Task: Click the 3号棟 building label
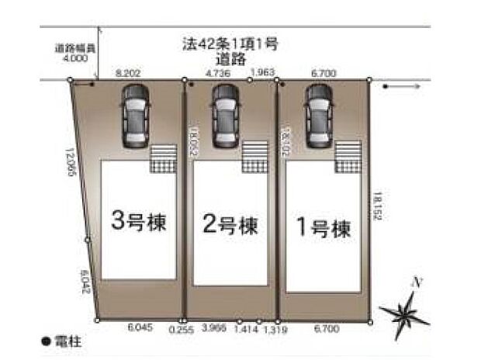point(140,222)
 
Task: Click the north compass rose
point(404,311)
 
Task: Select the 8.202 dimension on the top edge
point(128,72)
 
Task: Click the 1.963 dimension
point(262,72)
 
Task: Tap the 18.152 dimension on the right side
point(377,206)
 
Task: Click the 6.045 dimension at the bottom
point(140,328)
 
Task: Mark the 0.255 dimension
point(182,329)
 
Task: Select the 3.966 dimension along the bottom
point(215,328)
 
